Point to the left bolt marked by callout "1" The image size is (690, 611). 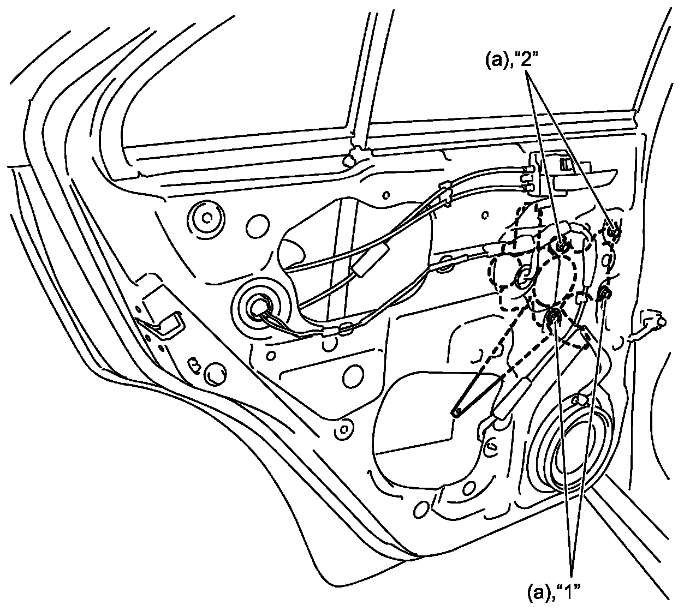[553, 316]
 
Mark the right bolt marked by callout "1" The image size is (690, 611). [605, 293]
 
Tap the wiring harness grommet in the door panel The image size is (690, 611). [258, 309]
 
